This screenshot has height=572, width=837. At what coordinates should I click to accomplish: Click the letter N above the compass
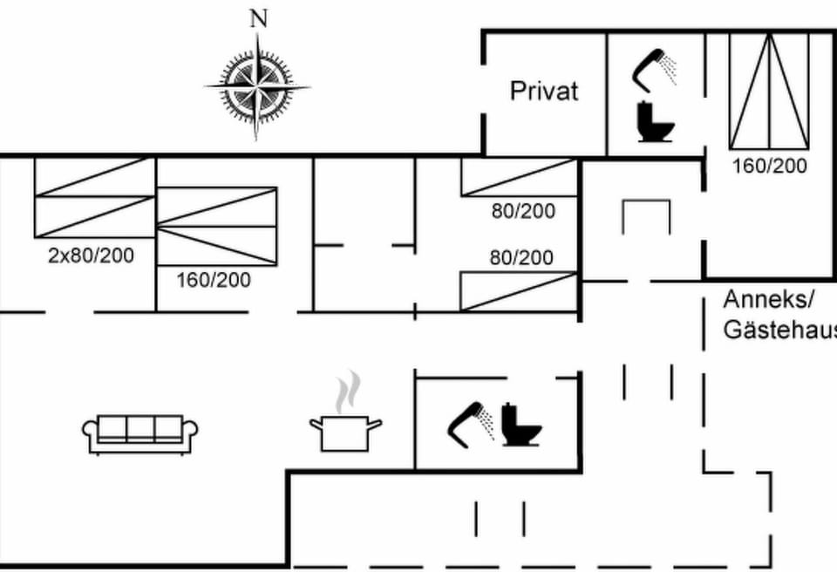[259, 19]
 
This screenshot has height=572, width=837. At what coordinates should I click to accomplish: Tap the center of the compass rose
[257, 86]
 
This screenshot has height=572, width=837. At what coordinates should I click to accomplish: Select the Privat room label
[544, 92]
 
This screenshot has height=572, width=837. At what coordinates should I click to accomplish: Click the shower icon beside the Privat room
[655, 71]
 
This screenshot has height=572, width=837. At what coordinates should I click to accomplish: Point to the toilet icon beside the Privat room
[656, 122]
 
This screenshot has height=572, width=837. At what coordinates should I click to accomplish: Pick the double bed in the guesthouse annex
[769, 91]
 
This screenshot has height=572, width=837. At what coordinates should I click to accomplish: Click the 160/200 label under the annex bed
[769, 166]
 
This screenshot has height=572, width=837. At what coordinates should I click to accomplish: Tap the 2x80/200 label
[91, 255]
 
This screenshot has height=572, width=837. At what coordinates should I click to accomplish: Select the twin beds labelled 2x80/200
[94, 198]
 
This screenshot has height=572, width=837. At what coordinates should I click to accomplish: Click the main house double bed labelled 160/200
[217, 226]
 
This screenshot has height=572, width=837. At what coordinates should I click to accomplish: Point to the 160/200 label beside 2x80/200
[214, 281]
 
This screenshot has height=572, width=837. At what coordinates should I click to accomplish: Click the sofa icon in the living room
[139, 434]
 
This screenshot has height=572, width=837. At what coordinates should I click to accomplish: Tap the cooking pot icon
[345, 433]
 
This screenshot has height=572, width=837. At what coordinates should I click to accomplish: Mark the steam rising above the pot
[348, 392]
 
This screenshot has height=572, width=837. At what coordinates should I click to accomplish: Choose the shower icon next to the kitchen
[470, 426]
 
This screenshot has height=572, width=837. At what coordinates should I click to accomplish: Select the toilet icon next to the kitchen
[521, 425]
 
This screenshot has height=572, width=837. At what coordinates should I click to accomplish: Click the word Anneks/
[769, 300]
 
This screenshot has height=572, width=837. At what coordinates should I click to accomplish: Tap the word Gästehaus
[779, 329]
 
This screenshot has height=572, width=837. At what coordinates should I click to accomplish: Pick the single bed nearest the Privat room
[519, 177]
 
